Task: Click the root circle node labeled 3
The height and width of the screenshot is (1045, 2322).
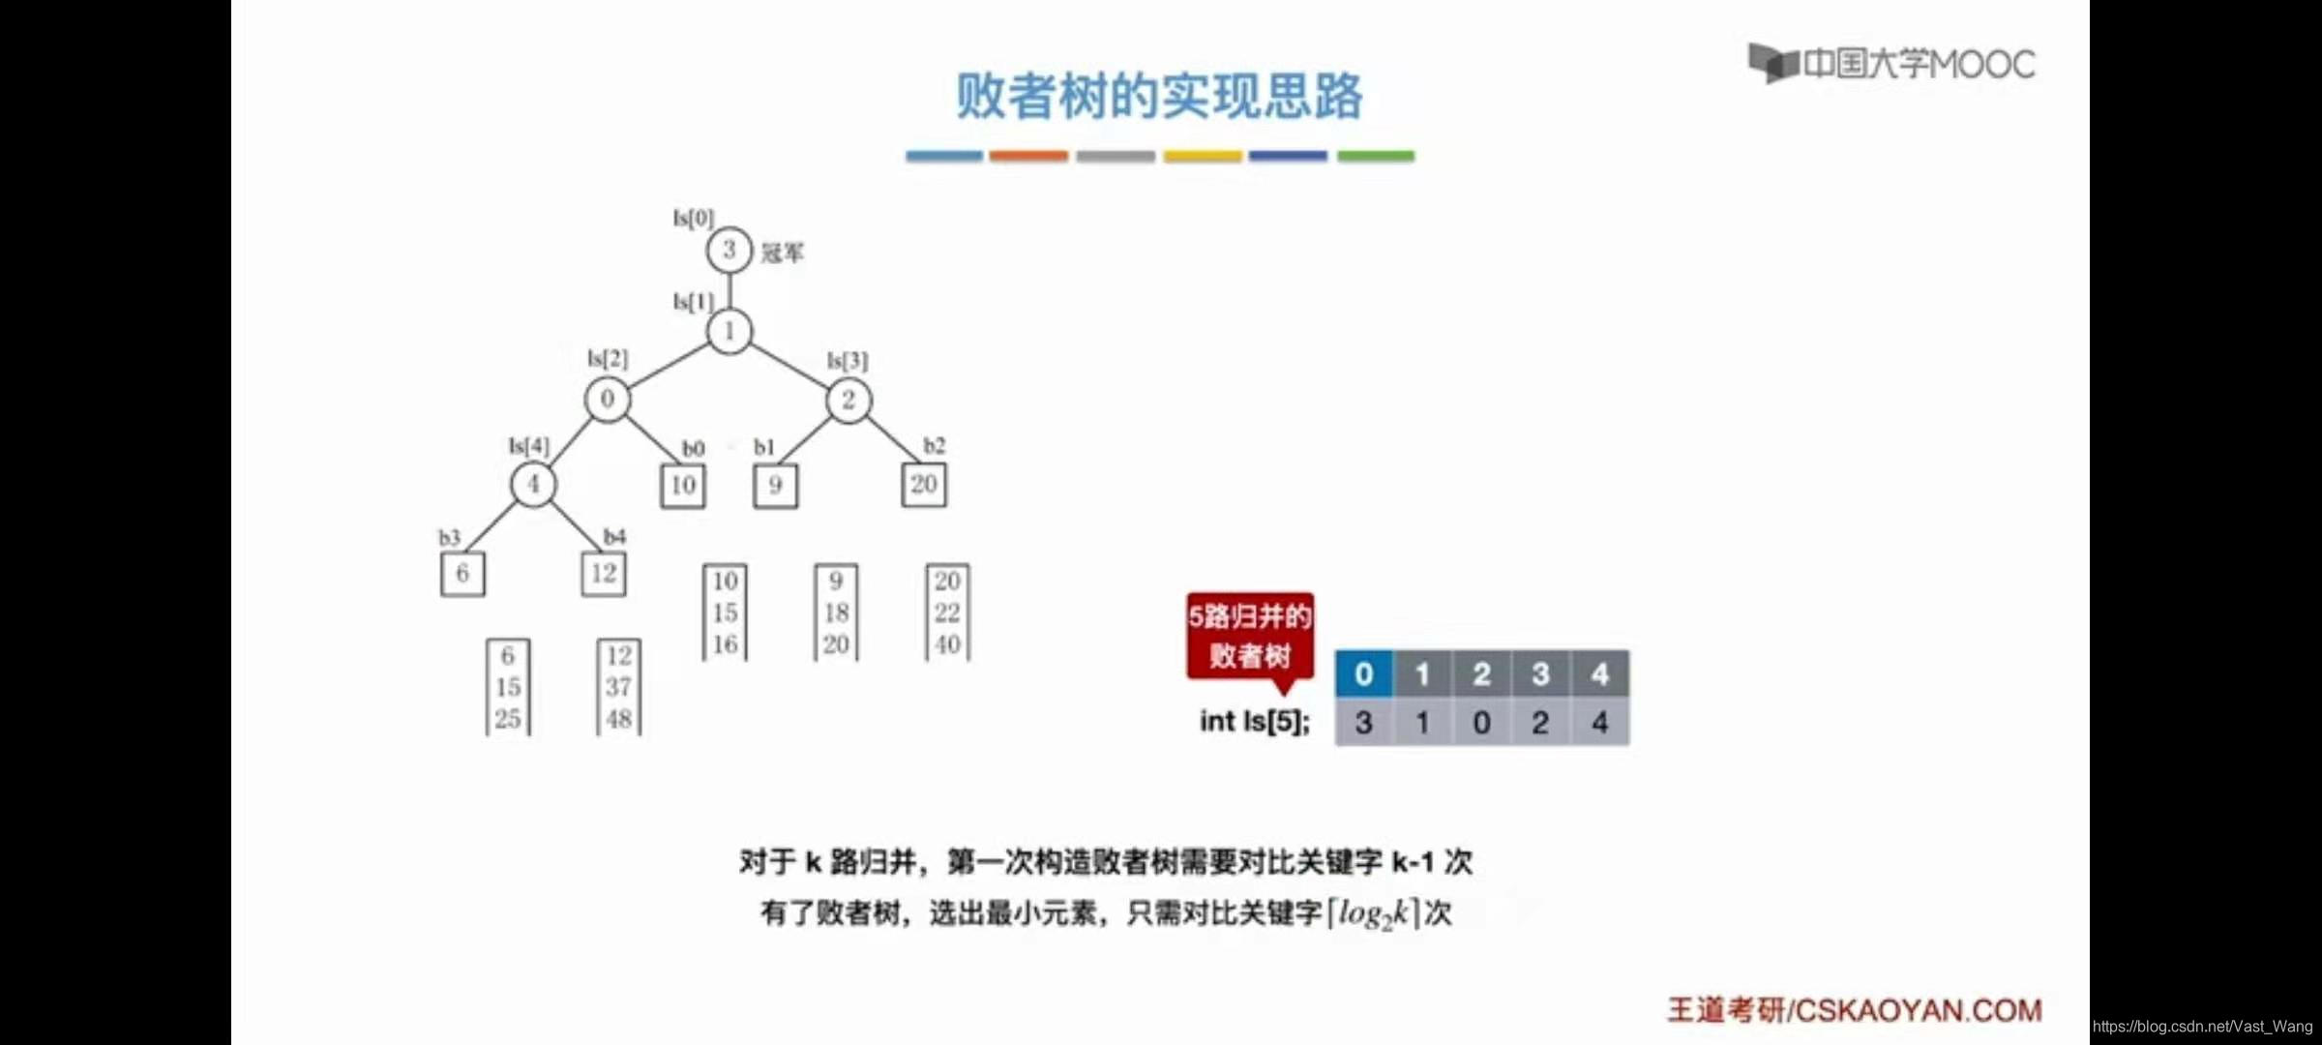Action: pos(729,250)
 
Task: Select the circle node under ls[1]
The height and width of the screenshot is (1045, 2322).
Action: pos(729,331)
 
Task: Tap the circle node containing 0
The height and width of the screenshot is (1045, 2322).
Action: pos(607,399)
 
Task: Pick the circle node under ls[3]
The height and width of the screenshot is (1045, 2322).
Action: pos(848,400)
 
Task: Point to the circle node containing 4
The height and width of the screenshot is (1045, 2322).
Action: pos(533,484)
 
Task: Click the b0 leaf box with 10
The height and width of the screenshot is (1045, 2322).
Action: pos(683,485)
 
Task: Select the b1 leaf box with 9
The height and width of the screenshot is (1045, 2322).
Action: pos(775,485)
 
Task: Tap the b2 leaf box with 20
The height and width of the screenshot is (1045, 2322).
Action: pos(924,484)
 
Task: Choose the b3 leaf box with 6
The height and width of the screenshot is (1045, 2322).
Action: pos(462,573)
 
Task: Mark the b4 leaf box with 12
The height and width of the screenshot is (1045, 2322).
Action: pos(604,573)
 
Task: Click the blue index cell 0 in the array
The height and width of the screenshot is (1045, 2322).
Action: pos(1364,673)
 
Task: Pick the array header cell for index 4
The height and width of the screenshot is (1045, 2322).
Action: pos(1600,673)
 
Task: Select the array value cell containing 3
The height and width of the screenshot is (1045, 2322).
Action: pos(1364,722)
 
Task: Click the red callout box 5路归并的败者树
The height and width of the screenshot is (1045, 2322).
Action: pos(1250,636)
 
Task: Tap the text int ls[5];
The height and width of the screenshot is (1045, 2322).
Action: pos(1255,721)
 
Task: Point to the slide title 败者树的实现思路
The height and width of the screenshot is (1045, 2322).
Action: pos(1160,97)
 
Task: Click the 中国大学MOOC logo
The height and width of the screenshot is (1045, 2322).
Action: pos(1891,64)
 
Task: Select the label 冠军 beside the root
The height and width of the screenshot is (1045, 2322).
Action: pos(782,254)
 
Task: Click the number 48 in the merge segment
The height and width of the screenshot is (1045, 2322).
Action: pos(619,719)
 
